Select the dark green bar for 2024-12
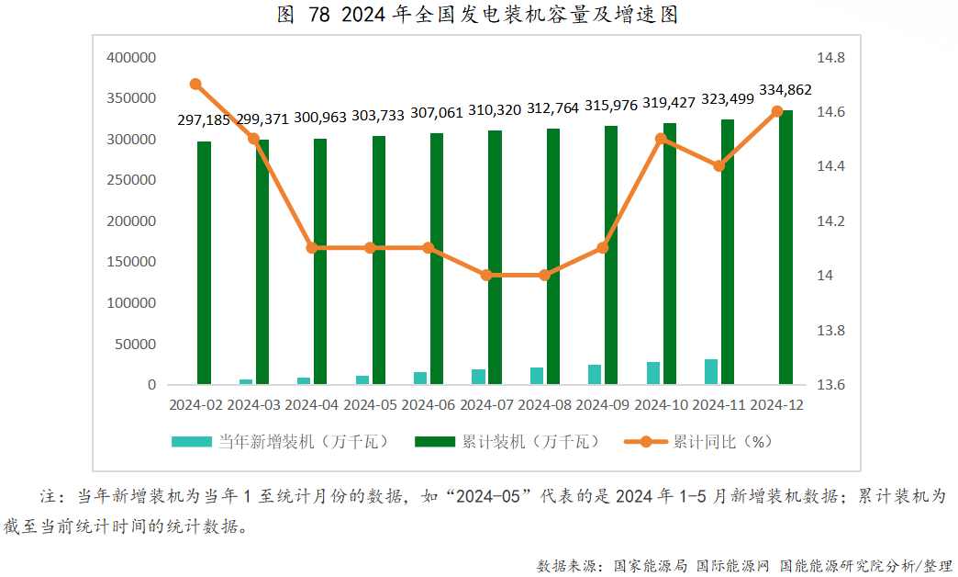[786, 246]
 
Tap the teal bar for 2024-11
[711, 371]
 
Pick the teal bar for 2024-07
[478, 376]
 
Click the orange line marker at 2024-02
[195, 85]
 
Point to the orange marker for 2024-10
[661, 139]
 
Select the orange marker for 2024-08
[544, 275]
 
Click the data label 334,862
[785, 90]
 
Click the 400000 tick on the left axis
[132, 58]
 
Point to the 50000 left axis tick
[136, 344]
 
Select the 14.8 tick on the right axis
[830, 58]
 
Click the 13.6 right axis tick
[830, 385]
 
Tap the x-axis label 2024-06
[428, 404]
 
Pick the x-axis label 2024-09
[603, 404]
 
